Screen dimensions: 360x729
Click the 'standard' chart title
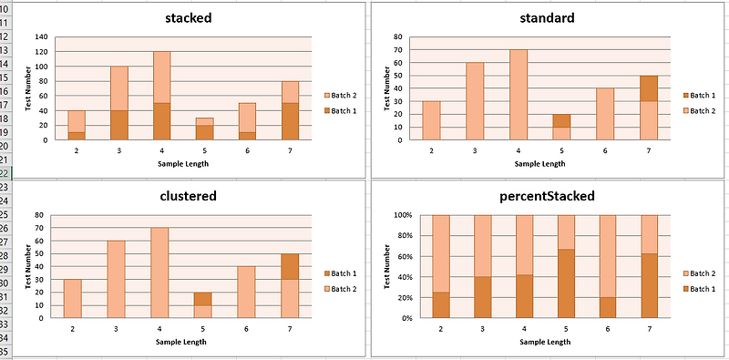pyautogui.click(x=546, y=18)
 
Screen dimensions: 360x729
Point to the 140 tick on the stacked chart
pyautogui.click(x=41, y=37)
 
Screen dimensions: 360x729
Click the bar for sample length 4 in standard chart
pyautogui.click(x=519, y=95)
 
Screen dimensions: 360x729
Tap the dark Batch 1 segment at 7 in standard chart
pyautogui.click(x=648, y=88)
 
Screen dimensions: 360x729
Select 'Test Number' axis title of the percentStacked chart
pyautogui.click(x=387, y=266)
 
